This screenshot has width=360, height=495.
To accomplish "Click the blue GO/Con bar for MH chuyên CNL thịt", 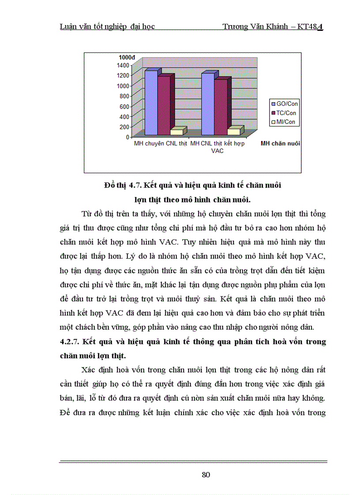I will [x=151, y=103].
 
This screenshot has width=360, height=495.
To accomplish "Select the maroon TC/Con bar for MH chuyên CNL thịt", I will [x=164, y=106].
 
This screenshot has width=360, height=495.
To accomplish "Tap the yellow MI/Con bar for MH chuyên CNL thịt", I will [x=176, y=132].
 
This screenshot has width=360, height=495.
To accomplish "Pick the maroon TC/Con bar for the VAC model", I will [x=221, y=107].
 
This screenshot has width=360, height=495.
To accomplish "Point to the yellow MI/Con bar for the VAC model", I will [x=233, y=131].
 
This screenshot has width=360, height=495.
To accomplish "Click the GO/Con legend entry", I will [x=285, y=104].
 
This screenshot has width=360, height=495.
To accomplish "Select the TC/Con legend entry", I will [x=285, y=113].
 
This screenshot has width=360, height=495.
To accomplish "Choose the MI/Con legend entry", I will [x=285, y=122].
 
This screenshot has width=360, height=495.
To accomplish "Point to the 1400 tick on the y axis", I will [x=124, y=65].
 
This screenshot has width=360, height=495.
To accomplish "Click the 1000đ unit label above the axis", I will [x=127, y=57].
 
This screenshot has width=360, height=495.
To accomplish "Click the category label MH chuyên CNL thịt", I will [x=161, y=144].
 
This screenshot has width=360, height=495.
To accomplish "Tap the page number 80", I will [x=206, y=475].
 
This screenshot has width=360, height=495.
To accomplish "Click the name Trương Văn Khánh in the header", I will [x=251, y=27].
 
